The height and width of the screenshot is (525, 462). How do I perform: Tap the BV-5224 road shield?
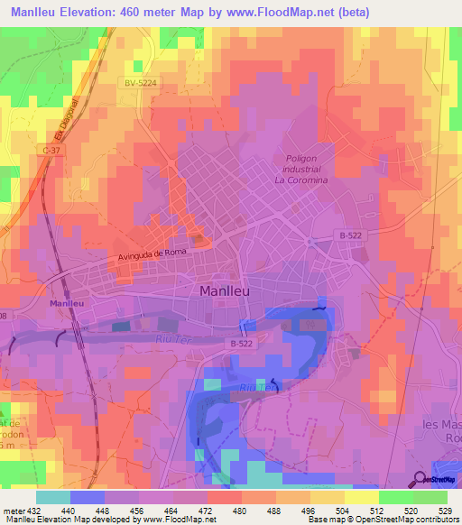[x=141, y=82]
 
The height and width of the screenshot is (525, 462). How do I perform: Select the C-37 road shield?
[x=51, y=150]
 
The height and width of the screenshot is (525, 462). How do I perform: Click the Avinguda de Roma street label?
[x=151, y=256]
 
